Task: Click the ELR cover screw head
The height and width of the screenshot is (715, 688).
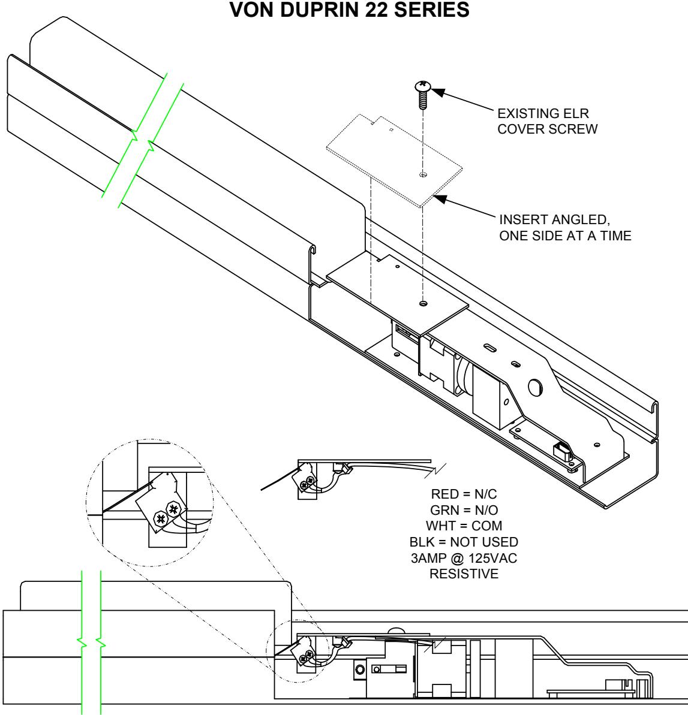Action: [422, 88]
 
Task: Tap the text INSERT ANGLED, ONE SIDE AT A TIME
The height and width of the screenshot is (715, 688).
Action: [564, 229]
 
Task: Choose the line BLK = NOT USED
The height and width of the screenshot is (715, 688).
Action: [472, 542]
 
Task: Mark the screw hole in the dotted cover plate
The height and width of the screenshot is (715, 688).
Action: [423, 175]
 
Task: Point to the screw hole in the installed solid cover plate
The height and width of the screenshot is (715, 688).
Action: [423, 303]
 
